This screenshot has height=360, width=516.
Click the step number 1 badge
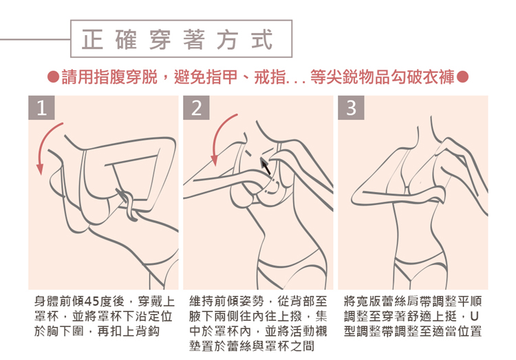(41, 107)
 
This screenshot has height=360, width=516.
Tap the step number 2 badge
(196, 107)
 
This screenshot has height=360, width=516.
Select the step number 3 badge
(351, 107)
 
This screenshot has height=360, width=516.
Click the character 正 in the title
(92, 39)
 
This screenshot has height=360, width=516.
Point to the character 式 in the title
(262, 39)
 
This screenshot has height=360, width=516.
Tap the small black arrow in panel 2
(266, 167)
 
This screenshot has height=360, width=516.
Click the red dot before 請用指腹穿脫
(53, 77)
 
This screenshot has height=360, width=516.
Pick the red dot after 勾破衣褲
(462, 77)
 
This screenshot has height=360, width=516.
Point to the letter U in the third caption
(474, 316)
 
